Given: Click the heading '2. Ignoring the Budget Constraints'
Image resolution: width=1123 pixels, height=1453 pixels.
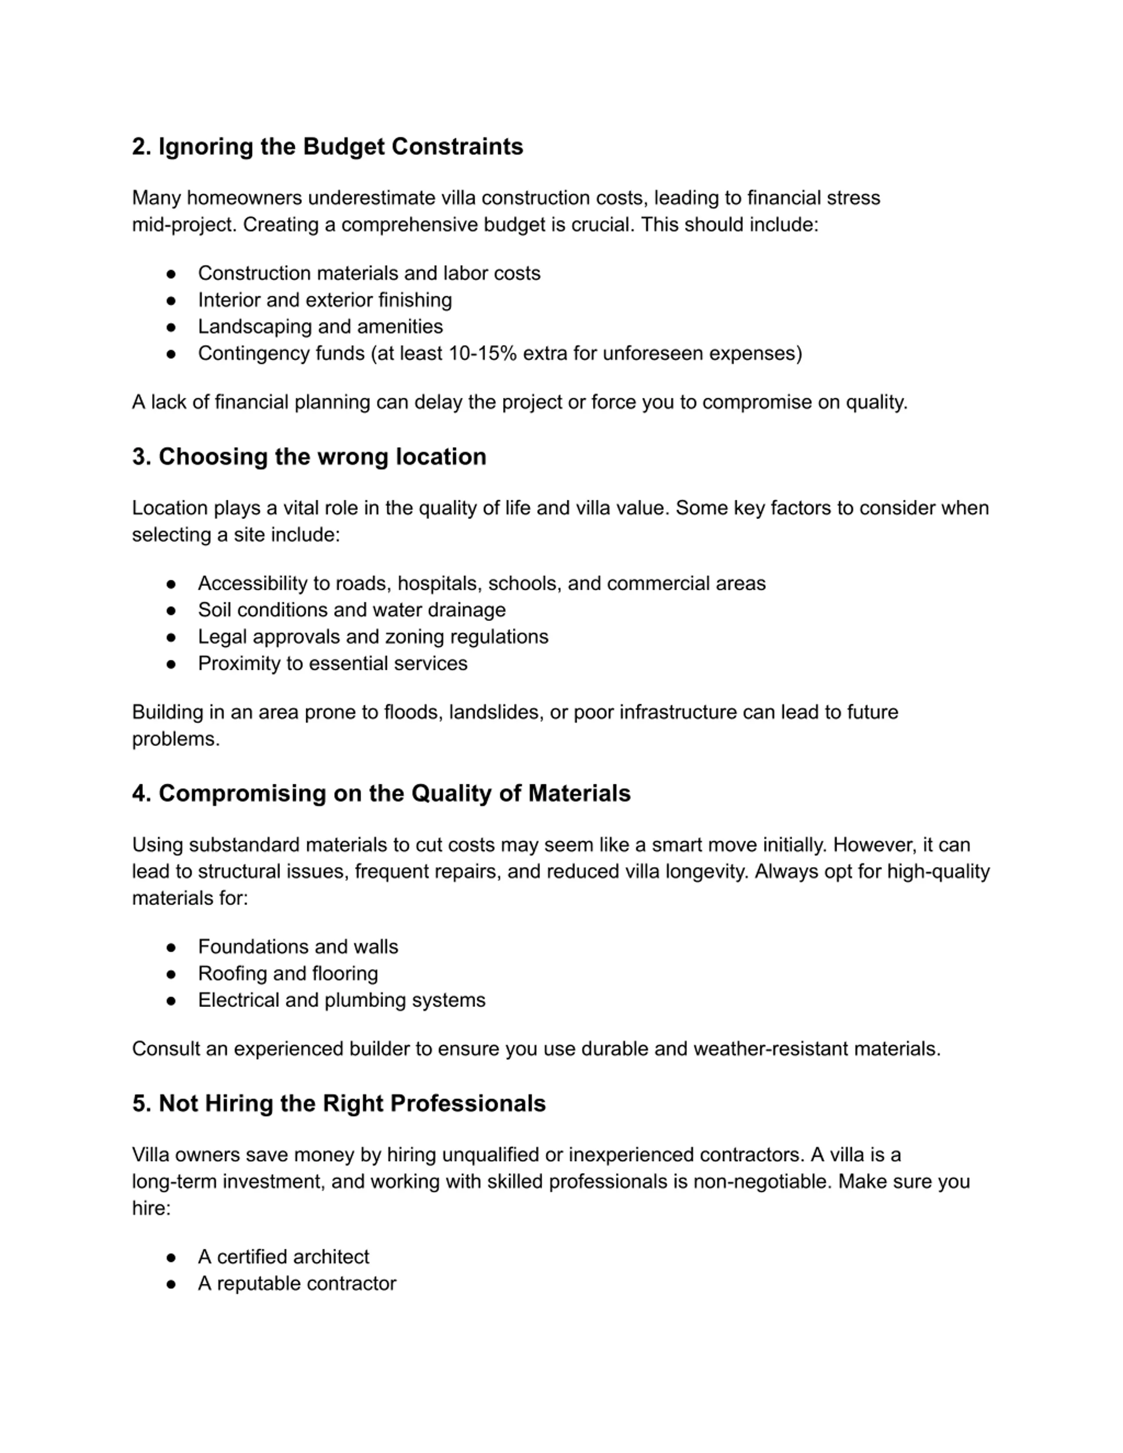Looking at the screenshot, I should (327, 147).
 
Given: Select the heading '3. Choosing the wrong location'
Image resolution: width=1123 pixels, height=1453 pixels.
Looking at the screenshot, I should (309, 457).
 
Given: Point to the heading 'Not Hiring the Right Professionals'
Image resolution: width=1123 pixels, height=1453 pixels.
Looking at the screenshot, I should (339, 1104).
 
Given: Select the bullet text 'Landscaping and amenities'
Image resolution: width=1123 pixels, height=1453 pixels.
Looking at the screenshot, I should (320, 327).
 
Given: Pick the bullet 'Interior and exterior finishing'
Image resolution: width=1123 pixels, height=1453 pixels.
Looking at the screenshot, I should (325, 300).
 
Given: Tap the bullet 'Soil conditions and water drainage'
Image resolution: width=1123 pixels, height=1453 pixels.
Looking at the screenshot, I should (351, 610).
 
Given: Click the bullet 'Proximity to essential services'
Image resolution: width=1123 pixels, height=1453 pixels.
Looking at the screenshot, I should (333, 663).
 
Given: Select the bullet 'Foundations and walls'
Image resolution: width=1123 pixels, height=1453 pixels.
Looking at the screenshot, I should (298, 947).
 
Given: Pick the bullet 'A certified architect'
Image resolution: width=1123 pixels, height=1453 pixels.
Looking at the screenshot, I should (283, 1257).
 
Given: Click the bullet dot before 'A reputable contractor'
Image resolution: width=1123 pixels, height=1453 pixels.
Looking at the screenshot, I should (171, 1284).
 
